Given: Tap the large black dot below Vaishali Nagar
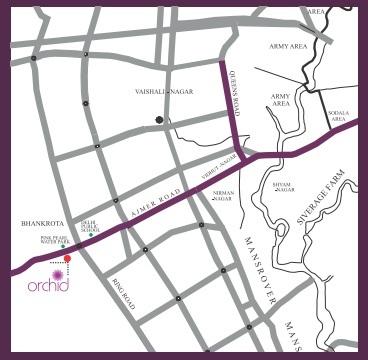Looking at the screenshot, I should (x=159, y=120).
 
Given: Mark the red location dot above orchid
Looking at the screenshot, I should (x=67, y=259).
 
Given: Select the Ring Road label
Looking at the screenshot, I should (x=122, y=291).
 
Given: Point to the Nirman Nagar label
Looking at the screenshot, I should (x=223, y=198).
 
